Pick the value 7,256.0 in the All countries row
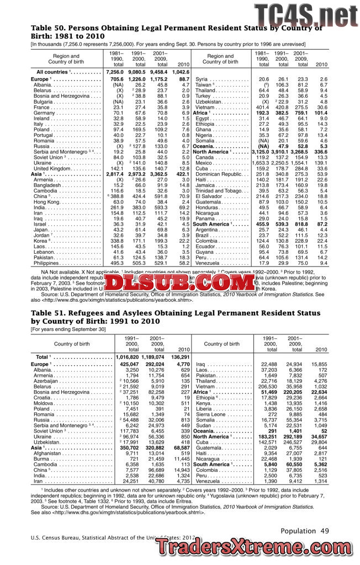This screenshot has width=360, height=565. (114, 72)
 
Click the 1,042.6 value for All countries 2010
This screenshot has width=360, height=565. (181, 72)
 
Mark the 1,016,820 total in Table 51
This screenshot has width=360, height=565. (127, 358)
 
